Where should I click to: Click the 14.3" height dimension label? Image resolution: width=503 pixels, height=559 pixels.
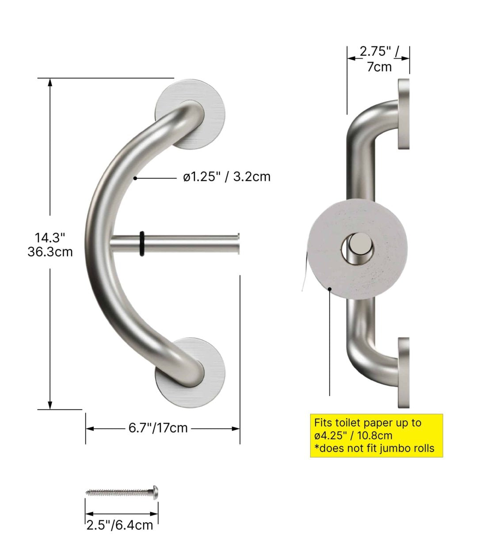pos(50,237)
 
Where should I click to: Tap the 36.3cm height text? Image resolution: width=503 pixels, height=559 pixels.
pos(50,252)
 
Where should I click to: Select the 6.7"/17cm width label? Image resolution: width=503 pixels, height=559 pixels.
pos(158,428)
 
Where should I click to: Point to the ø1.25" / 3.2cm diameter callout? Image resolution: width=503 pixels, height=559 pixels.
pos(227,177)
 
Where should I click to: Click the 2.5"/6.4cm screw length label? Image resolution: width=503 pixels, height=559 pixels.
pos(120,525)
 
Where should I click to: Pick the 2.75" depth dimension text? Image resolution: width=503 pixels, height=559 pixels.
pos(376,52)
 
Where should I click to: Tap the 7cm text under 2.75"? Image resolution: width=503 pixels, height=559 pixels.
pos(379,67)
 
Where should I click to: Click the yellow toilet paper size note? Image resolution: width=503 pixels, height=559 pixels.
pos(376,436)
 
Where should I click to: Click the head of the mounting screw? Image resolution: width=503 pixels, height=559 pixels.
pos(156,491)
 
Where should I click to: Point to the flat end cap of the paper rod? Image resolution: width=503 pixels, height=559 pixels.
pos(239,244)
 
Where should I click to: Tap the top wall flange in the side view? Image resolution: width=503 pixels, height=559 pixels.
pos(404,114)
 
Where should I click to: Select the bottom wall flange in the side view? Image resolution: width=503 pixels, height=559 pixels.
pos(404,372)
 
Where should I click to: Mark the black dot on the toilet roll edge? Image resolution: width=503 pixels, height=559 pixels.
pos(330,289)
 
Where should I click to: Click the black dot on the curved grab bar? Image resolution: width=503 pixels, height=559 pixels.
pos(135,178)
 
